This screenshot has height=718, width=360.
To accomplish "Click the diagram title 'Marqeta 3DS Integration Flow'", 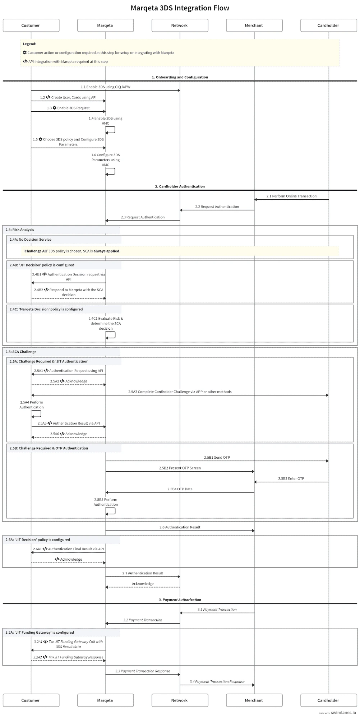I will (180, 8).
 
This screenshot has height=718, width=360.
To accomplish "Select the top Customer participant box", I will (31, 26).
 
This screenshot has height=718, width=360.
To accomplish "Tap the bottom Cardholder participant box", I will (328, 700).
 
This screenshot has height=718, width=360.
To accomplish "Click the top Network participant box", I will (180, 26).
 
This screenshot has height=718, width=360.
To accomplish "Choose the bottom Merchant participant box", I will (254, 700).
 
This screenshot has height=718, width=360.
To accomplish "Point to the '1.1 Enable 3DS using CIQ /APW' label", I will (105, 87).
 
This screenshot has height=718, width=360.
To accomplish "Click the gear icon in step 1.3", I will (55, 108).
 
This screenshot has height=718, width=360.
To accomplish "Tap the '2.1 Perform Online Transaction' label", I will (291, 196).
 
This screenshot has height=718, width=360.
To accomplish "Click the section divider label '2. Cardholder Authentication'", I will (180, 186).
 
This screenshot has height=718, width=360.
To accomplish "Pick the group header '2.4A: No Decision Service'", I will (30, 239).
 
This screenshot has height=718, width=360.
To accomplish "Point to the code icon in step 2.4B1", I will (45, 274).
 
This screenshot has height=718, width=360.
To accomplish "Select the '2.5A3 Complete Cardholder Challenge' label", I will (180, 392).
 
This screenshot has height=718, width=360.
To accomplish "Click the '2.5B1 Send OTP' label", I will (217, 457).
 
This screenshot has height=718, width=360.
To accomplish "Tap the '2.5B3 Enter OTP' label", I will (291, 478).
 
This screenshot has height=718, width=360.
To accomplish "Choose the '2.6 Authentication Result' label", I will (180, 527).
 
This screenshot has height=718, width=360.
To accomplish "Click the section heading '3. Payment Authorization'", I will (180, 599).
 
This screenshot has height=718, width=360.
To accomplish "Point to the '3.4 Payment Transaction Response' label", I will (217, 681).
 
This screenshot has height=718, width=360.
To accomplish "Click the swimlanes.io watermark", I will (343, 713).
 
